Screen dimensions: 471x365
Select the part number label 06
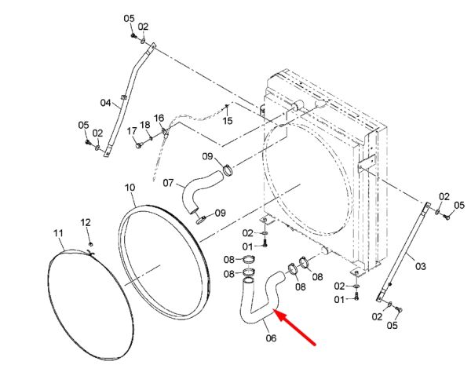(271, 338)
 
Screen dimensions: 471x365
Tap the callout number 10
(130, 188)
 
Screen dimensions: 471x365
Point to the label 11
(58, 233)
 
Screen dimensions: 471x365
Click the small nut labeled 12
(91, 244)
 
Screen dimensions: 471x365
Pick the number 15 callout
(228, 121)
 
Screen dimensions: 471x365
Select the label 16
(159, 118)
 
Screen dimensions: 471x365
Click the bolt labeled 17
(138, 146)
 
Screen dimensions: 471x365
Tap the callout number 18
(145, 125)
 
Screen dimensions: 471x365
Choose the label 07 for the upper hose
(168, 182)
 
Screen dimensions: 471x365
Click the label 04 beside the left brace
(105, 103)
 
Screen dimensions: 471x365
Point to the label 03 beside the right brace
(421, 266)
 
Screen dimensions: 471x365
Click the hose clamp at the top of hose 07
(228, 170)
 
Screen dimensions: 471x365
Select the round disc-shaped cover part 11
(90, 305)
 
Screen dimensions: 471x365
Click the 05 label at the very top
(130, 19)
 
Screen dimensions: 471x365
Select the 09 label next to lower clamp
(220, 213)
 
